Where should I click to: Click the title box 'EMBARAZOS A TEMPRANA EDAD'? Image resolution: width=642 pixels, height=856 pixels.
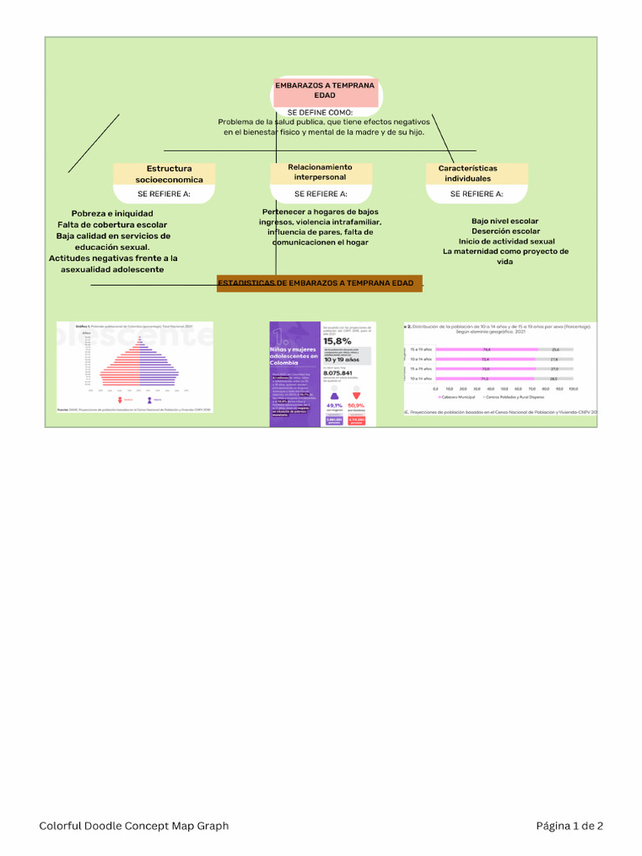pyautogui.click(x=324, y=90)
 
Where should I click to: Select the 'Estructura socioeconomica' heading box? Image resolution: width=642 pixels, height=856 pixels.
pyautogui.click(x=165, y=174)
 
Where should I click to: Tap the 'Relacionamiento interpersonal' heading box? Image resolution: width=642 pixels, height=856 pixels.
pyautogui.click(x=320, y=172)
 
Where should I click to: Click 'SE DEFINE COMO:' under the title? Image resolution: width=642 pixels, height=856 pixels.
pyautogui.click(x=320, y=112)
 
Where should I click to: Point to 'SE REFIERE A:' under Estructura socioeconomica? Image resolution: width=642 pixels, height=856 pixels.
pyautogui.click(x=164, y=194)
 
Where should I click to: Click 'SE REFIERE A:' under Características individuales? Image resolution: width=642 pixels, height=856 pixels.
pyautogui.click(x=476, y=194)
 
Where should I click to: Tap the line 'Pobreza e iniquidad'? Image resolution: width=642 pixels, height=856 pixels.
pyautogui.click(x=112, y=214)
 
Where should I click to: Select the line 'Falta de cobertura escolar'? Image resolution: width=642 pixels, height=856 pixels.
pyautogui.click(x=112, y=225)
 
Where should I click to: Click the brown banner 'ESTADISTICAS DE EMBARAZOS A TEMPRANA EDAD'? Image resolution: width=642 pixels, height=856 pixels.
pyautogui.click(x=319, y=283)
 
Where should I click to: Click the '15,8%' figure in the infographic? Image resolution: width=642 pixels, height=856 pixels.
pyautogui.click(x=338, y=341)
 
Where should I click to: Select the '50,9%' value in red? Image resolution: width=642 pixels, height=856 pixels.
pyautogui.click(x=356, y=405)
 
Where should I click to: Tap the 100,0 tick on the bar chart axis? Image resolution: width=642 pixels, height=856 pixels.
pyautogui.click(x=573, y=389)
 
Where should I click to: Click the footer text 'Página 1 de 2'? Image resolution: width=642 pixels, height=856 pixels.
pyautogui.click(x=569, y=826)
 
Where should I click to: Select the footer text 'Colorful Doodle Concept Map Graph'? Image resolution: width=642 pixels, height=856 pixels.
pyautogui.click(x=134, y=826)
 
